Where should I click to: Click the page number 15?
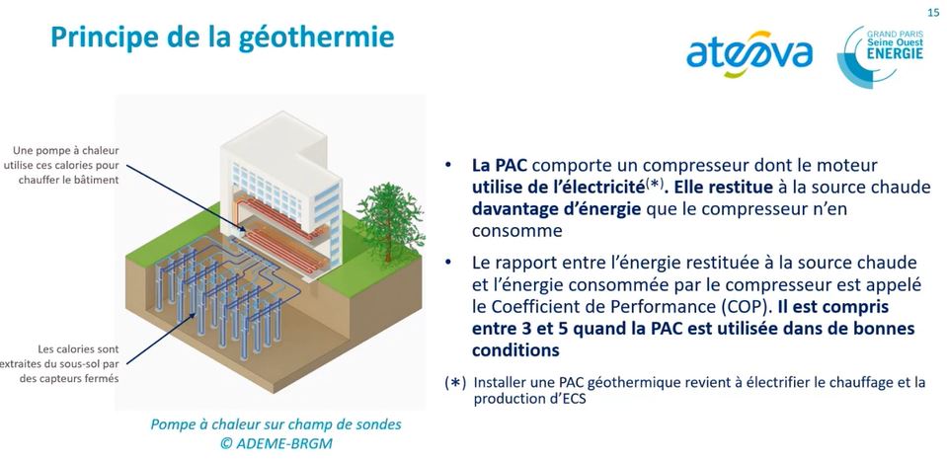click(933, 13)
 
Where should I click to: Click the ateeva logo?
click(749, 53)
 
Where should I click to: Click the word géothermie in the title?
click(317, 38)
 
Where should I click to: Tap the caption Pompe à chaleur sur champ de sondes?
click(276, 424)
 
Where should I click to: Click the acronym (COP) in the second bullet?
click(747, 307)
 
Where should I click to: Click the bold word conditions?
click(515, 350)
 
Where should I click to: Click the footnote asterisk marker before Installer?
click(455, 383)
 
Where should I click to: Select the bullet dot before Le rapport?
click(447, 263)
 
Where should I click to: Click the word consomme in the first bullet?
click(517, 231)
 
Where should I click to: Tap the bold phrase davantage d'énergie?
click(553, 209)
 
